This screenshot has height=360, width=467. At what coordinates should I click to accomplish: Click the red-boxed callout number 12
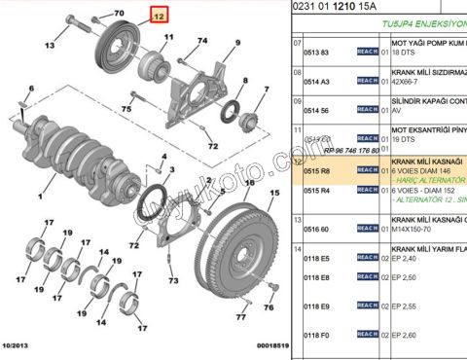(x=159, y=14)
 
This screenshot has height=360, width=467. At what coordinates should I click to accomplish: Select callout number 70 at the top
(x=120, y=13)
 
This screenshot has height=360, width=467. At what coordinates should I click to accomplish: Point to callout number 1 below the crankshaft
(x=41, y=196)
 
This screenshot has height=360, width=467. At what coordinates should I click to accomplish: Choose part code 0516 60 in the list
(x=318, y=229)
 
